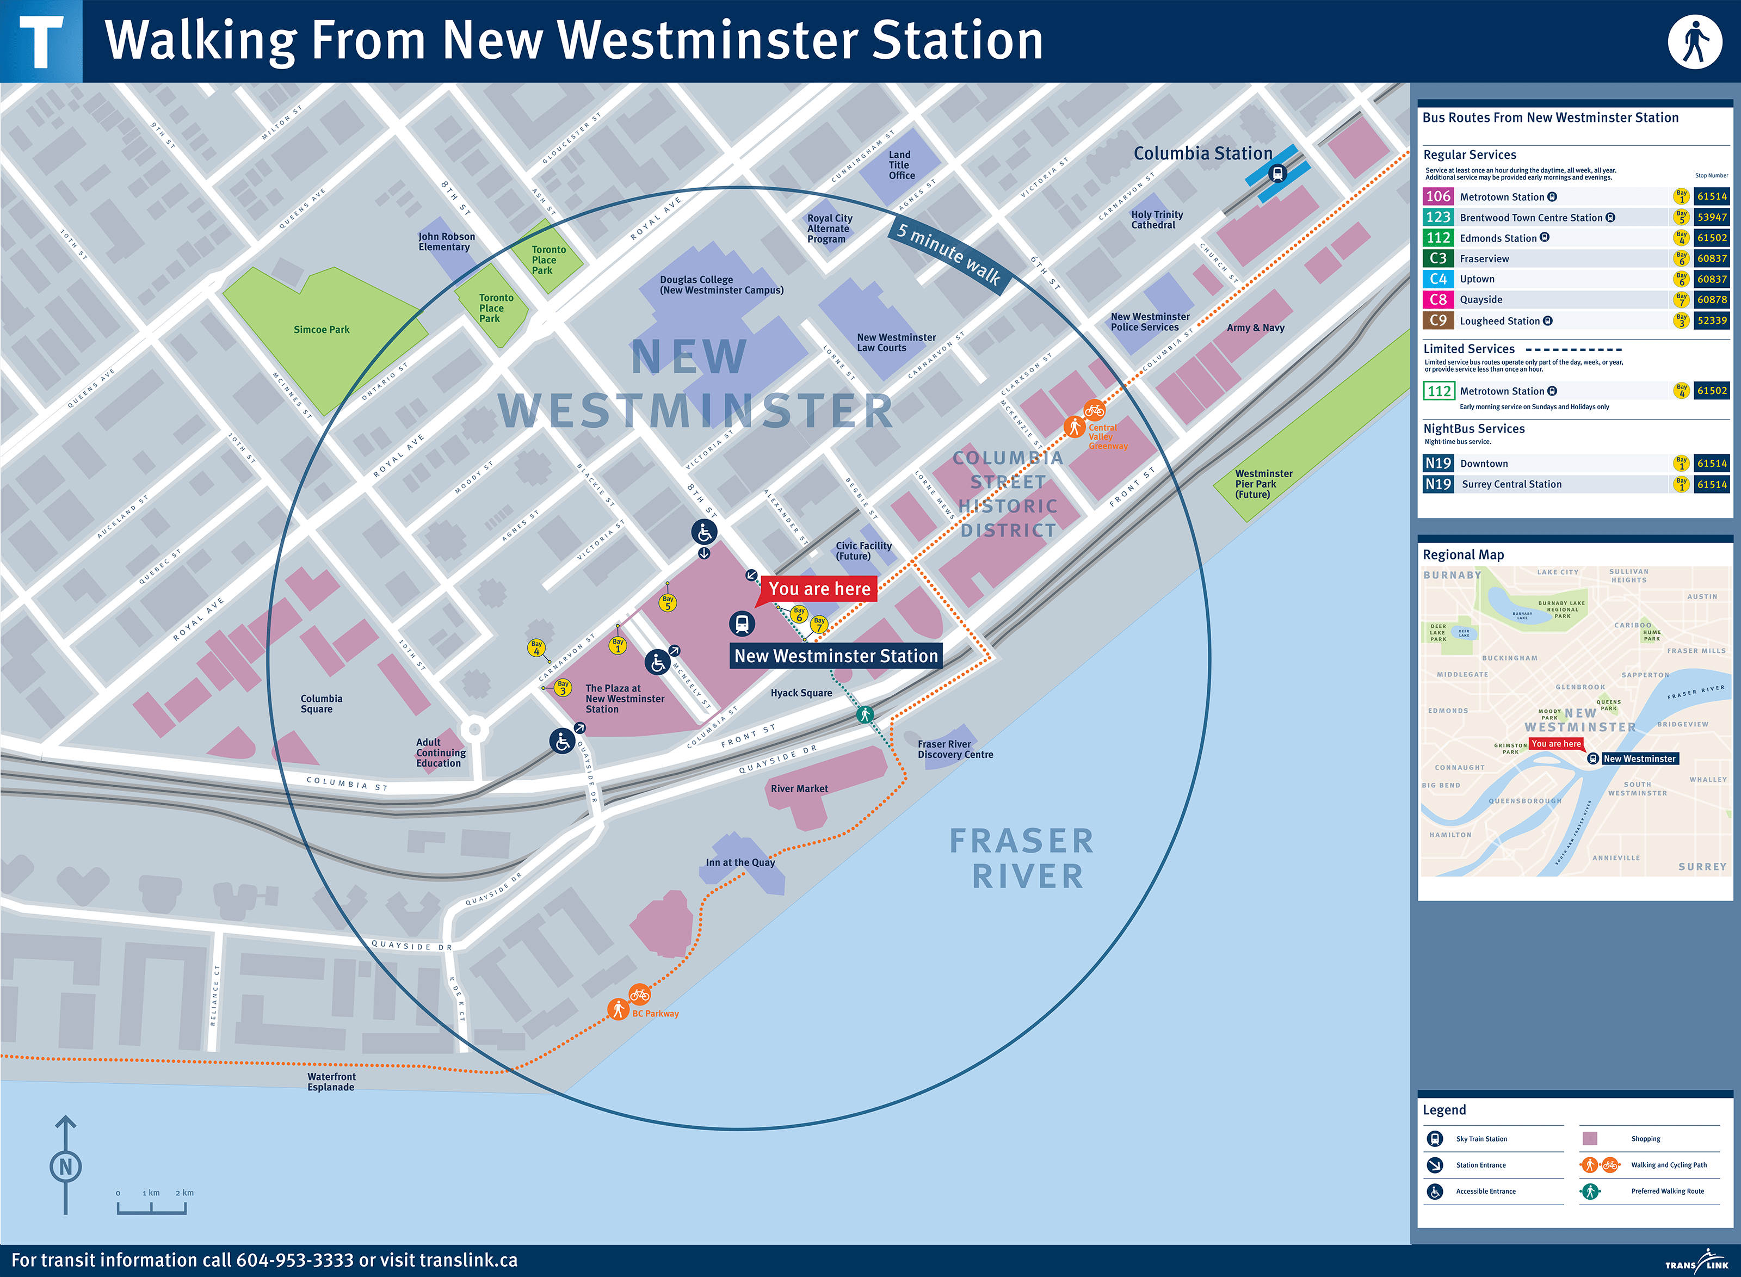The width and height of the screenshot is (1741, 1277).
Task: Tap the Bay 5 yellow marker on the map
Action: click(668, 602)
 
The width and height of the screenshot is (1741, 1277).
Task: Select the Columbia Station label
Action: click(1202, 153)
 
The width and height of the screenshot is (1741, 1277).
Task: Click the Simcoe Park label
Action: click(322, 329)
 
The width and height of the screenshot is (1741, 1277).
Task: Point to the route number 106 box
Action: click(1437, 196)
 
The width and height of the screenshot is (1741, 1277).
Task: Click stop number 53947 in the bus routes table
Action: click(1711, 217)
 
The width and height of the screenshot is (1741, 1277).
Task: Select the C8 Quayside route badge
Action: click(1437, 299)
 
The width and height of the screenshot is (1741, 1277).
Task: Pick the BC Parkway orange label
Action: click(655, 1014)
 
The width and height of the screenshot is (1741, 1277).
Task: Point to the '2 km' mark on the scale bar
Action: click(184, 1193)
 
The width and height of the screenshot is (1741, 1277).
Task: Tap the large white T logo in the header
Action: click(41, 42)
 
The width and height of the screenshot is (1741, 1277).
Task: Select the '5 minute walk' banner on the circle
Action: click(948, 254)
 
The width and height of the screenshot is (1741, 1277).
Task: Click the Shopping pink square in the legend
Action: click(1590, 1138)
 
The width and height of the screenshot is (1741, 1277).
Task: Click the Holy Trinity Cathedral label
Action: click(1156, 219)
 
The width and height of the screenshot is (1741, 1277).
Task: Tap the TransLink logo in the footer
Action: click(1697, 1262)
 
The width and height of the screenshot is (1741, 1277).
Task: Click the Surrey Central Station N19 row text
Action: click(1511, 484)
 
